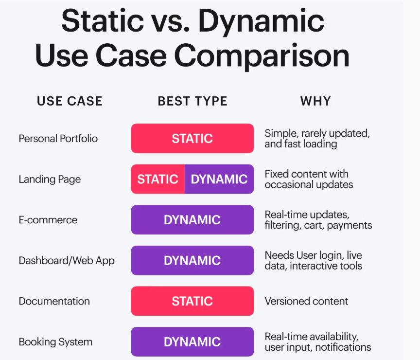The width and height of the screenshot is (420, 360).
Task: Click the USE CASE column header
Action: click(x=70, y=101)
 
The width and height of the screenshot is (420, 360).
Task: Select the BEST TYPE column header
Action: click(x=192, y=101)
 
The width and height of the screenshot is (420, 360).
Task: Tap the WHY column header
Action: click(x=315, y=101)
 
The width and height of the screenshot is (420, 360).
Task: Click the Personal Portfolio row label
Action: click(x=58, y=139)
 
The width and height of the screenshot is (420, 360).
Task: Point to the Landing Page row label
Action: click(x=50, y=180)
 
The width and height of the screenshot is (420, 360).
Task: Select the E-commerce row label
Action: click(x=48, y=220)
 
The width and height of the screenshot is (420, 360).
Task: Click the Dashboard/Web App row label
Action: click(x=67, y=261)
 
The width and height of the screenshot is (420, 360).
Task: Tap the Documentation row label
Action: click(x=54, y=301)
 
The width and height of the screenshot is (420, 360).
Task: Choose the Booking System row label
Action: click(x=55, y=342)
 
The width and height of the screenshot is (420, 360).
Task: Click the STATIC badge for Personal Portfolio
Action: click(x=192, y=138)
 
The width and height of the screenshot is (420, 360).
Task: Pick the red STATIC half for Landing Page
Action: click(x=158, y=179)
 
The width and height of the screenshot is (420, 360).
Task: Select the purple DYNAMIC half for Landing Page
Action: click(x=219, y=179)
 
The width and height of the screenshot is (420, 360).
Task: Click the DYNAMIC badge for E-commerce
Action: click(x=192, y=220)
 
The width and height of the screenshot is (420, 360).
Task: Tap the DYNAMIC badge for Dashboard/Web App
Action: click(x=192, y=260)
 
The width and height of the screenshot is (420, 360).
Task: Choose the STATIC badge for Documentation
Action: click(x=192, y=301)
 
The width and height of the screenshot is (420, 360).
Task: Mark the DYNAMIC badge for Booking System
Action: click(x=192, y=342)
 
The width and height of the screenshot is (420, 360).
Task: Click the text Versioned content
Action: click(x=306, y=301)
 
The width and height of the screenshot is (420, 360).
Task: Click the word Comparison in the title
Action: click(x=262, y=57)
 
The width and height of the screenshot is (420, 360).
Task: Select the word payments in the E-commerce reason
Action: click(x=350, y=225)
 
